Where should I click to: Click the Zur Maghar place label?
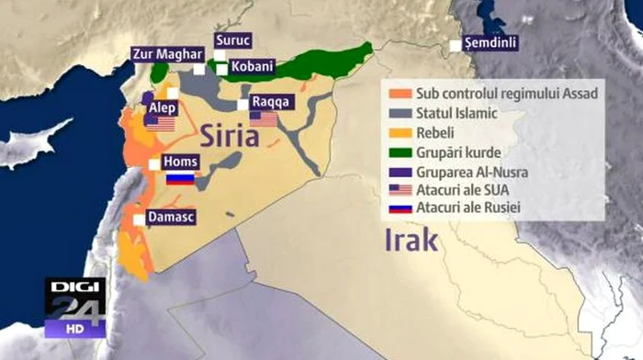click(167, 53)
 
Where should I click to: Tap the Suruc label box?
click(231, 40)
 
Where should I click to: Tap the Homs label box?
click(179, 163)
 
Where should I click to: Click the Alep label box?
click(162, 107)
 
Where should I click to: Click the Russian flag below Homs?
click(180, 178)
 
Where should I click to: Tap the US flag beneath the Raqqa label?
click(264, 118)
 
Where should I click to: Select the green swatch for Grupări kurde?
click(398, 152)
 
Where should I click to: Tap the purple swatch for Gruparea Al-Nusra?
click(398, 171)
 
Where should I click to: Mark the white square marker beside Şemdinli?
click(455, 44)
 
